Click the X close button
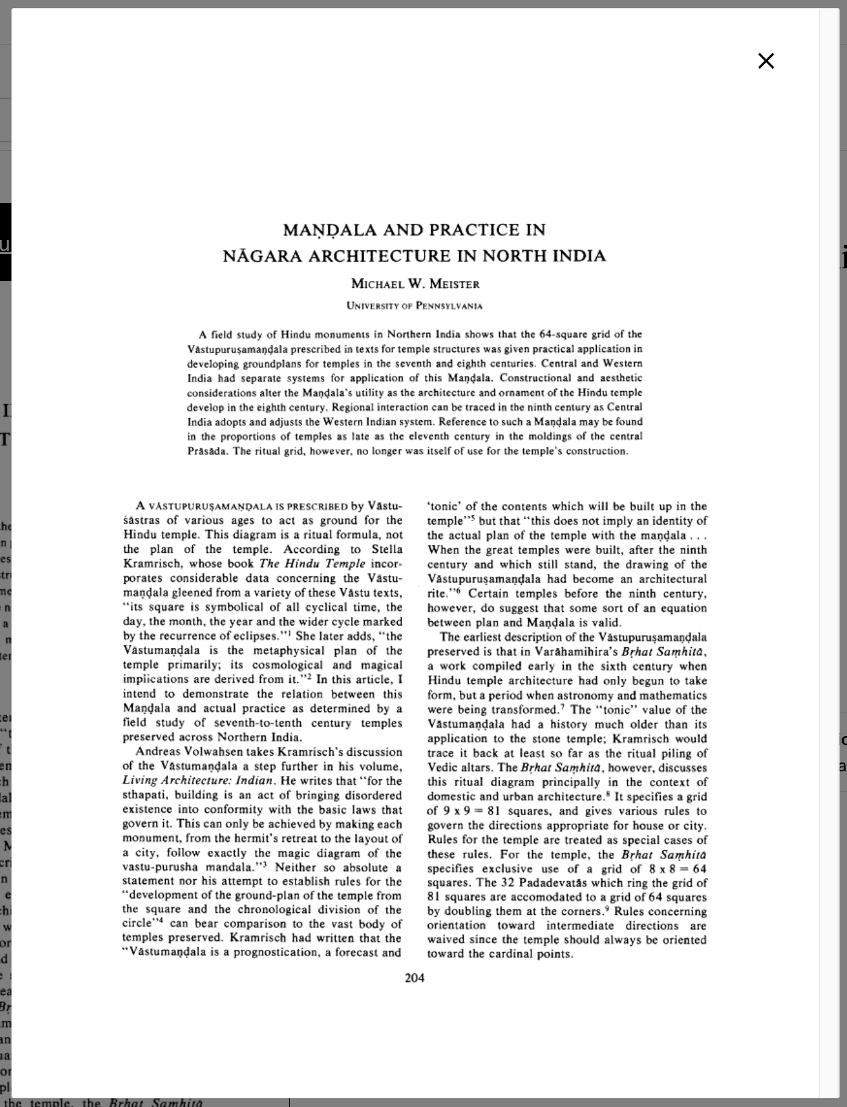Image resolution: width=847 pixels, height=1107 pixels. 766,61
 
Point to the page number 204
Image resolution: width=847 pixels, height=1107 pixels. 414,978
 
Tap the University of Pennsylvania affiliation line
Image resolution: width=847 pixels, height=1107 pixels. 415,305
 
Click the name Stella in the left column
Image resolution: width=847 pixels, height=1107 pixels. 386,549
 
